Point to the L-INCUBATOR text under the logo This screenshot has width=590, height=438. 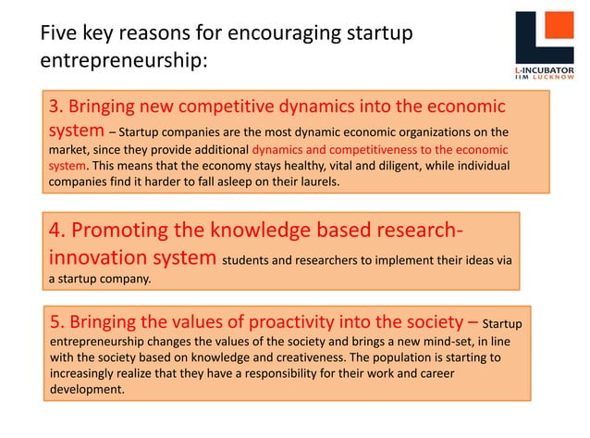[544, 69]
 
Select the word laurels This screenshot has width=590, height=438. [313, 181]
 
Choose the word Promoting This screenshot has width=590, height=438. [127, 231]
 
